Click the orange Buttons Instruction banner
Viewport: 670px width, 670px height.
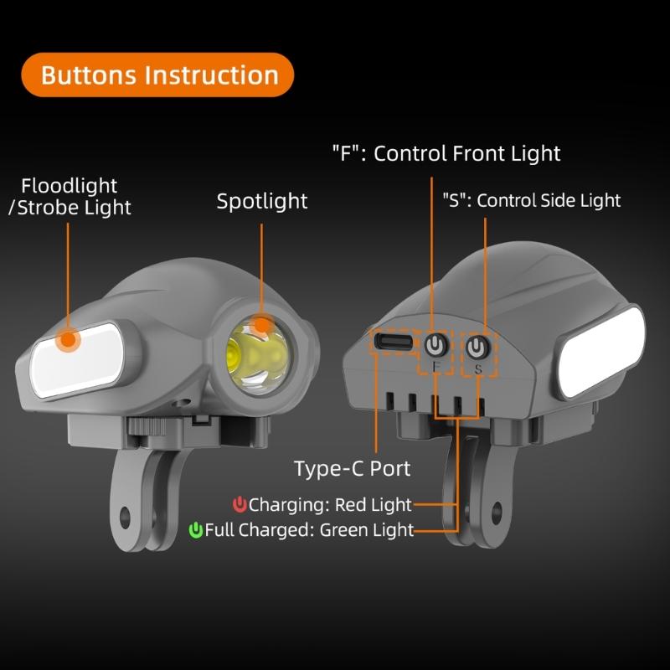coord(157,75)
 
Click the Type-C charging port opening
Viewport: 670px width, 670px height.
coord(394,342)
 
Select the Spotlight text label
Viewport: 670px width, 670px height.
coord(262,201)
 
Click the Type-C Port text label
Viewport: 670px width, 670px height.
coord(353,468)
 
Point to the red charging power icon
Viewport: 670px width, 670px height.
coord(240,505)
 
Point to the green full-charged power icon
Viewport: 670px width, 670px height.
coord(196,530)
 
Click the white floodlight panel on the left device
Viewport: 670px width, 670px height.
coord(78,360)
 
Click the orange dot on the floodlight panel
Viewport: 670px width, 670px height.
coord(68,340)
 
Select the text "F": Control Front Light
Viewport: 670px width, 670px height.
coord(446,153)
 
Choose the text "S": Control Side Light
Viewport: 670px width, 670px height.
coord(532,200)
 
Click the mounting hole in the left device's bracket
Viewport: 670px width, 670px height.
coord(124,518)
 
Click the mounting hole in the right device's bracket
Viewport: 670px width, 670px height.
coord(496,513)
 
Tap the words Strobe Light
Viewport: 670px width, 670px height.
coord(74,208)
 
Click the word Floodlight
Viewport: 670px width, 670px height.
coord(70,186)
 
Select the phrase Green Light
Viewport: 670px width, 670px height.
coord(367,530)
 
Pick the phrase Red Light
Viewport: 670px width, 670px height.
coord(374,505)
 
